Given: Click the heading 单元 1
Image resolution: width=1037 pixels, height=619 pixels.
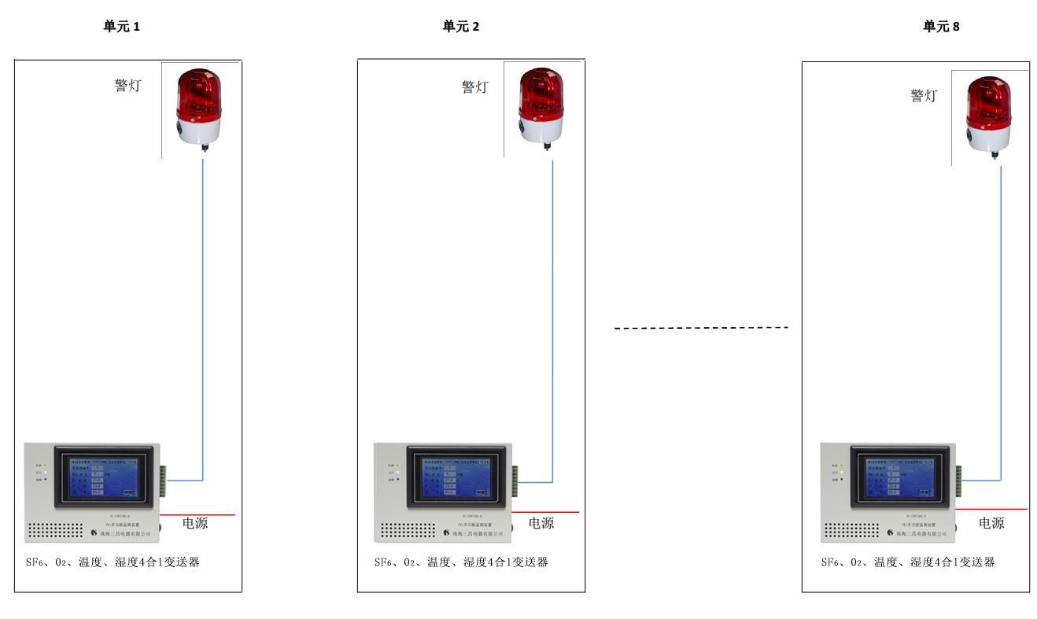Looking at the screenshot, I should [x=122, y=27].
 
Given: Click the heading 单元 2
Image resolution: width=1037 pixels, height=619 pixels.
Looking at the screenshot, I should [x=461, y=27].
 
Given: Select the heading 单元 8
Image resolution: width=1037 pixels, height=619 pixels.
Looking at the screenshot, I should [x=941, y=27].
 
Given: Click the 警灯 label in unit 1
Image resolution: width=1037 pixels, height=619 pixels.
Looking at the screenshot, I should [x=127, y=86].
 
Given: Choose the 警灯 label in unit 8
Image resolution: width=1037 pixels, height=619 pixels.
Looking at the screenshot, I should [x=924, y=95].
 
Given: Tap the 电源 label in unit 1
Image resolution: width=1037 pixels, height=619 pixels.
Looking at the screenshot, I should [x=195, y=523].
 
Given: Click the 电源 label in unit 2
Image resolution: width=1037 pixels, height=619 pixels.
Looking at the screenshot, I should [x=541, y=523].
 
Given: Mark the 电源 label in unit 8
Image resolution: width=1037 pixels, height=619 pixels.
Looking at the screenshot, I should [x=991, y=523].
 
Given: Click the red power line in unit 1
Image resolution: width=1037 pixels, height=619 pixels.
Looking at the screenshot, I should [x=197, y=515].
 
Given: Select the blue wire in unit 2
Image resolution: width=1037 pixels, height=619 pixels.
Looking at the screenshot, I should [x=552, y=315].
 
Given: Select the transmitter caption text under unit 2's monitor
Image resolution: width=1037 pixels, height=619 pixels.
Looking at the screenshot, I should [x=461, y=562].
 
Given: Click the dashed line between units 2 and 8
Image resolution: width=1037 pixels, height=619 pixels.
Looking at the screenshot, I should [x=701, y=327].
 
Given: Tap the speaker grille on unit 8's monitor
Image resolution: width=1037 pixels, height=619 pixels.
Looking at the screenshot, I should [x=852, y=530].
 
